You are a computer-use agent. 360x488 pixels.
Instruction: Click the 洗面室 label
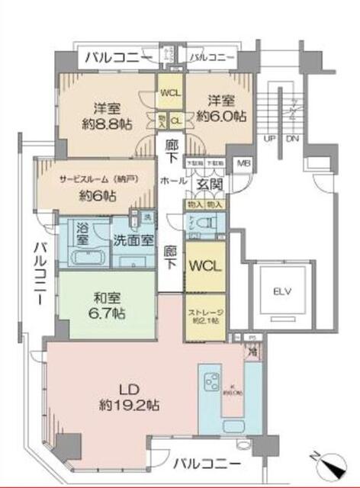coord(133,238)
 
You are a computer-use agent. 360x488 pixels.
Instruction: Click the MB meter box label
coord(242,163)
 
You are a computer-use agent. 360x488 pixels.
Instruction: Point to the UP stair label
coord(268,140)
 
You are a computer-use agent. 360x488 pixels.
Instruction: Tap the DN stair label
coord(291,140)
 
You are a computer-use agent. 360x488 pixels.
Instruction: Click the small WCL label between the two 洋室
coord(169,94)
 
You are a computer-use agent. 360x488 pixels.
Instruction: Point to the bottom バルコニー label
coord(207,463)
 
